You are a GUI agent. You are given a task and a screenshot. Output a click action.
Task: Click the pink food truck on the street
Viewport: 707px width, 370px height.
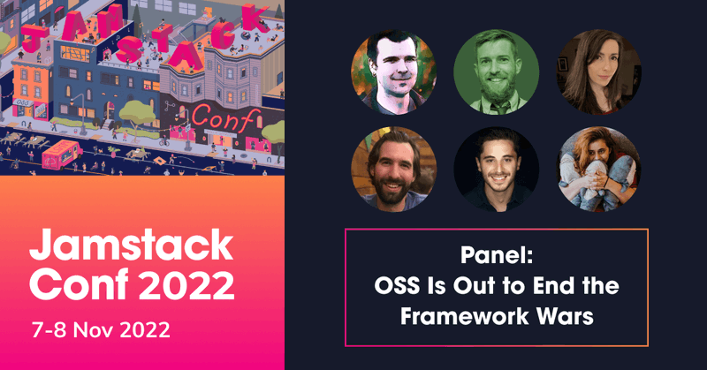click(62, 155)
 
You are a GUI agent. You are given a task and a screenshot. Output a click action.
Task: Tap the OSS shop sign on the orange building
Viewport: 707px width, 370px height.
click(20, 103)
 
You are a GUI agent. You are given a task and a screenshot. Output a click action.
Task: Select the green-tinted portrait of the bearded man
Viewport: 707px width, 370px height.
click(496, 72)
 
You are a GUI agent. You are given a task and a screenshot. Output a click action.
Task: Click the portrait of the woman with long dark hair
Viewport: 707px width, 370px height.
click(598, 72)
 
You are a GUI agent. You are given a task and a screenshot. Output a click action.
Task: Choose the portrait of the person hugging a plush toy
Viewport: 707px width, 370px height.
click(598, 170)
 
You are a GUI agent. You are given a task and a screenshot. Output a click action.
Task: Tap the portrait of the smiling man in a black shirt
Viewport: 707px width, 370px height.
click(496, 170)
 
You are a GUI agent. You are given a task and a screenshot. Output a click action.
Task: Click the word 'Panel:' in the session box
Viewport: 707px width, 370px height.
click(497, 255)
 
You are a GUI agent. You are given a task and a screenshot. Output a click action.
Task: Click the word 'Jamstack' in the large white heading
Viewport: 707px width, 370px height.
click(131, 245)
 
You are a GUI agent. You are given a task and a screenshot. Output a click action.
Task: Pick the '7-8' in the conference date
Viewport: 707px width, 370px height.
click(49, 330)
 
